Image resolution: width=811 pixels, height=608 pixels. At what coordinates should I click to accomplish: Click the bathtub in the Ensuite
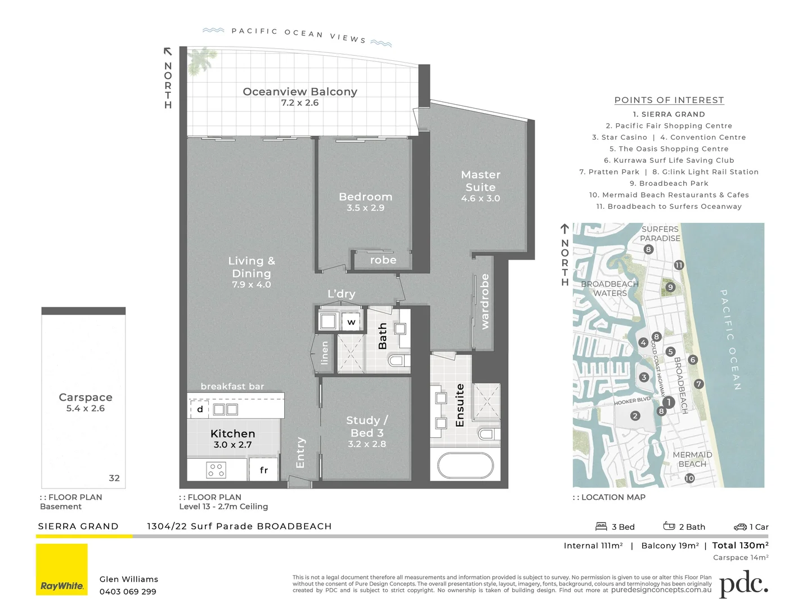point(465,465)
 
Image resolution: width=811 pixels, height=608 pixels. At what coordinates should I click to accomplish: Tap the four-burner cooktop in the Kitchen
point(216,470)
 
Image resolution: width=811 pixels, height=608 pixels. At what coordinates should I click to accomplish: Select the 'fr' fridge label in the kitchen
point(264,470)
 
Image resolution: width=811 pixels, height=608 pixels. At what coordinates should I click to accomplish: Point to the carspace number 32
point(114,478)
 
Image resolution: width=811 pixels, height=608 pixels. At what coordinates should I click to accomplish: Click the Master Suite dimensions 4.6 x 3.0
point(480,198)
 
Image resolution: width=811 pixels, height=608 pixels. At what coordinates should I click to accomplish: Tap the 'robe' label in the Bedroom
point(383,260)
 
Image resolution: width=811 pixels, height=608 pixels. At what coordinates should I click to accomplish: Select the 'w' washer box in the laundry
point(351,322)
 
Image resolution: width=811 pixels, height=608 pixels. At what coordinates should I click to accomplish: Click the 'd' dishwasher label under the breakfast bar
point(200,409)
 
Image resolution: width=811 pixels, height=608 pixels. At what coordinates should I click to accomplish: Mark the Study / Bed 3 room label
point(367,426)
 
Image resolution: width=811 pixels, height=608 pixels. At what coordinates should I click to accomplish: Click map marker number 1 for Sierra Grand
point(668,402)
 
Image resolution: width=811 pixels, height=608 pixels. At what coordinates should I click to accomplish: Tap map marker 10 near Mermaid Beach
point(689,478)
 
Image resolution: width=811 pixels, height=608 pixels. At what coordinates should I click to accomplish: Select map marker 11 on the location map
point(679,265)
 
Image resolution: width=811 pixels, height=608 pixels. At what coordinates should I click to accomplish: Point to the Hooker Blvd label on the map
point(631,401)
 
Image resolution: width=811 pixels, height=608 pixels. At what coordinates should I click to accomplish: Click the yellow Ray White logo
point(62,569)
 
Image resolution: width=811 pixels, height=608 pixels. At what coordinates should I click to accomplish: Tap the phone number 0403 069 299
point(128,592)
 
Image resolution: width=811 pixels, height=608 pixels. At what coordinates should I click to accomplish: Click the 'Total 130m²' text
point(740,545)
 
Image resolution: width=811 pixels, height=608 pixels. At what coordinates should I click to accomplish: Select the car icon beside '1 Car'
point(740,527)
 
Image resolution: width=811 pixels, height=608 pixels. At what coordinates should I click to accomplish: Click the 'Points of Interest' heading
point(669,100)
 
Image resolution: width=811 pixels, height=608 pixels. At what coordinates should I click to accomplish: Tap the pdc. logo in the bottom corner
point(743,585)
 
